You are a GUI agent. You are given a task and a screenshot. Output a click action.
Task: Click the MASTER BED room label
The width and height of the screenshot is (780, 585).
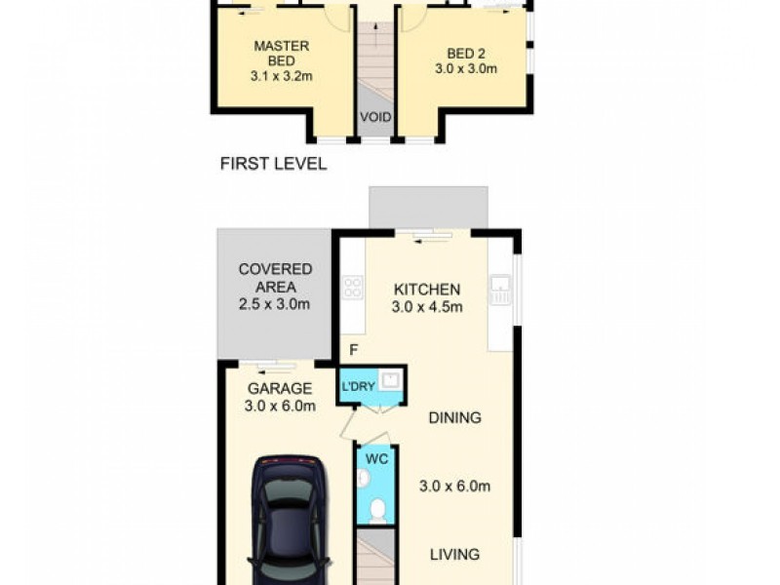tap(282, 54)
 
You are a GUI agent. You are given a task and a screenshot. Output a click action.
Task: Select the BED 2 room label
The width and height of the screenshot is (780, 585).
tap(464, 53)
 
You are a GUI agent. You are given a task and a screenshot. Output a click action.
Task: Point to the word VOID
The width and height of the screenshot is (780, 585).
tap(376, 118)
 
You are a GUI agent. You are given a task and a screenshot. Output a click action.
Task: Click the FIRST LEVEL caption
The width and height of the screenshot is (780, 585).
tap(273, 164)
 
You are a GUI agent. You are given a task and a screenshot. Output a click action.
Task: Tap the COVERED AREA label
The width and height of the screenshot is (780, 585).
tap(275, 278)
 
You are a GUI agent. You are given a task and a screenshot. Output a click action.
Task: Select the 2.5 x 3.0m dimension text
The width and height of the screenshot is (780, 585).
tap(275, 304)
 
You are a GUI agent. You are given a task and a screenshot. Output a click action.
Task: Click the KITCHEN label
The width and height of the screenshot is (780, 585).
tap(426, 290)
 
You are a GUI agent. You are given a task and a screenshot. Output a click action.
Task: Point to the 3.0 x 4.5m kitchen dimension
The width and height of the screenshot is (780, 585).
tap(427, 307)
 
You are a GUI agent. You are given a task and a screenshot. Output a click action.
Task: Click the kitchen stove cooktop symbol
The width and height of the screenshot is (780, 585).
tap(352, 288)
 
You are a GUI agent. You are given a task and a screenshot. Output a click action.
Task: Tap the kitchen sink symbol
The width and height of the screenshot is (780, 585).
tap(500, 288)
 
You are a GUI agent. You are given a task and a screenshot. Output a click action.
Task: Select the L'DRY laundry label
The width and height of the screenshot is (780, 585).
tap(357, 387)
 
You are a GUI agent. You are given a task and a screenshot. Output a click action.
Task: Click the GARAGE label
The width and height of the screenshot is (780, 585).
tap(279, 388)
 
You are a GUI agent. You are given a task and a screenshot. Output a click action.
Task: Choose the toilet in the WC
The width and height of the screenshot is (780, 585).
tap(377, 510)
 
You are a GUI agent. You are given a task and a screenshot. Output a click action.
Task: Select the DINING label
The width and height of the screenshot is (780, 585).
tap(454, 418)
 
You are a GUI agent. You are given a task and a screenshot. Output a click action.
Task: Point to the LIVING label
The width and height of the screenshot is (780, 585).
tap(455, 555)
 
